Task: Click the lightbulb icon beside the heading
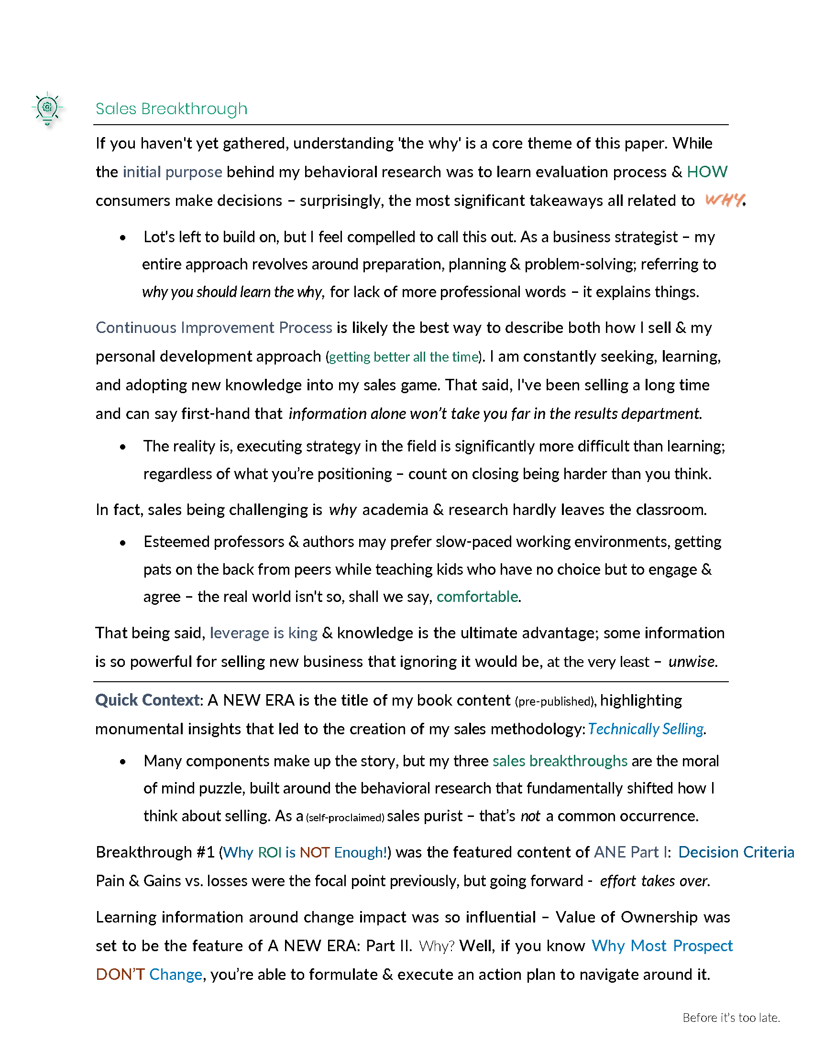point(47,108)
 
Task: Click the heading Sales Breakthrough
point(171,109)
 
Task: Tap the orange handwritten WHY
point(724,200)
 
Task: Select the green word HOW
point(706,172)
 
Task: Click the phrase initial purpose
point(173,172)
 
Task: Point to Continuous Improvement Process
point(214,328)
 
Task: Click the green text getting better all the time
point(404,357)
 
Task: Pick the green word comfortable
point(477,597)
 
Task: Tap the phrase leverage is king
point(264,633)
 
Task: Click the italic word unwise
point(692,662)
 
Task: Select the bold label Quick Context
point(147,700)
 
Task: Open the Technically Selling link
point(646,729)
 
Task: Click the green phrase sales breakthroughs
point(560,761)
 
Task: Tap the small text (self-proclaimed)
point(345,817)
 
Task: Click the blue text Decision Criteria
point(736,852)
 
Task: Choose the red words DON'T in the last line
point(121,975)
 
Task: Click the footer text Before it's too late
point(731,1018)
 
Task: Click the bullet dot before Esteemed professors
point(123,543)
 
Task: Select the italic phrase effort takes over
point(654,881)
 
